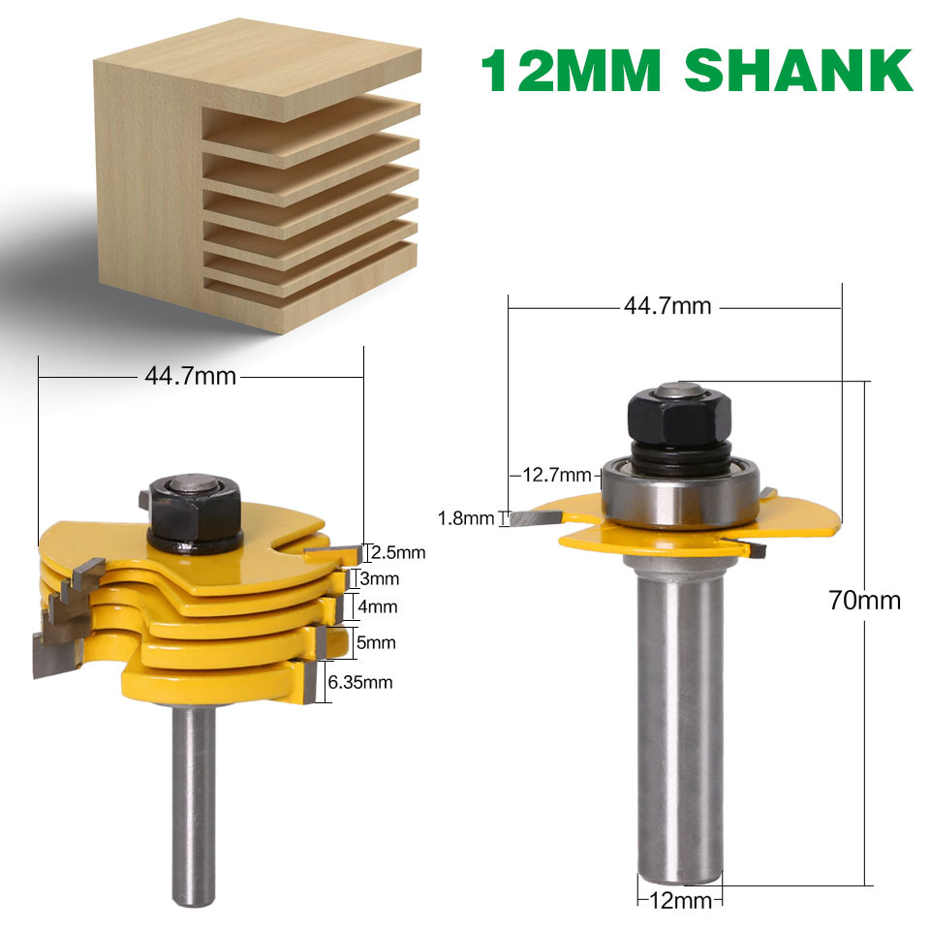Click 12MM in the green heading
pos(571,71)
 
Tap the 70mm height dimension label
pos(865,601)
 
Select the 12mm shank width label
pos(681,900)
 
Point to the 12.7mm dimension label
pos(557,475)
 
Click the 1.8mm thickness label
pos(466,518)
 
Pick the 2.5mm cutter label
pos(398,553)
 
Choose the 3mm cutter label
pos(380,578)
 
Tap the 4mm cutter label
pos(378,606)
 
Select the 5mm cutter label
pos(376,642)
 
